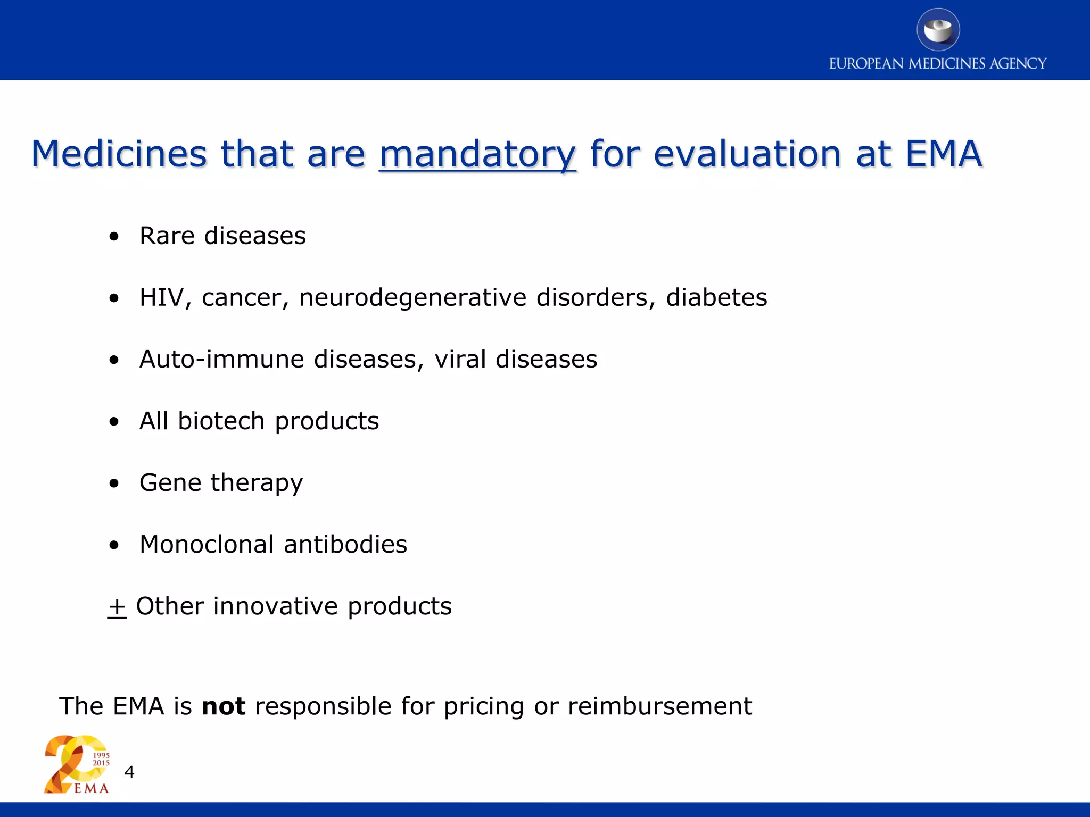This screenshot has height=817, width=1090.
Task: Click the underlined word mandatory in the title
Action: tap(477, 154)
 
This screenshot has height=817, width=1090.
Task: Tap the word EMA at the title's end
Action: tap(943, 154)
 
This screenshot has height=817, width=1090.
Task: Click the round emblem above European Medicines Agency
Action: tap(938, 30)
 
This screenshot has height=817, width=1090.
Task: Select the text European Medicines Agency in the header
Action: tap(937, 64)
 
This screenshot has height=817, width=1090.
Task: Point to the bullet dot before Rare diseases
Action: tap(114, 237)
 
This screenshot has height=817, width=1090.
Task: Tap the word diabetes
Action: tap(716, 297)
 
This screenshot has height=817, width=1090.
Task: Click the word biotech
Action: tap(221, 421)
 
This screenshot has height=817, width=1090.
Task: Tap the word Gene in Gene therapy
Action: tap(170, 482)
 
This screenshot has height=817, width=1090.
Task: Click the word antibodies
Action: tap(345, 544)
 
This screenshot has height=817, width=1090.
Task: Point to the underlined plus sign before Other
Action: tap(117, 607)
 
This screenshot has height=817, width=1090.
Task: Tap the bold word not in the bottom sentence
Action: tap(224, 706)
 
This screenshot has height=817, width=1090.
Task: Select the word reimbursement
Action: tap(659, 706)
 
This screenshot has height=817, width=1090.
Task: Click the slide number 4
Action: tap(129, 772)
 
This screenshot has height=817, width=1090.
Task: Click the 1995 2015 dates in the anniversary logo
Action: tap(101, 759)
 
